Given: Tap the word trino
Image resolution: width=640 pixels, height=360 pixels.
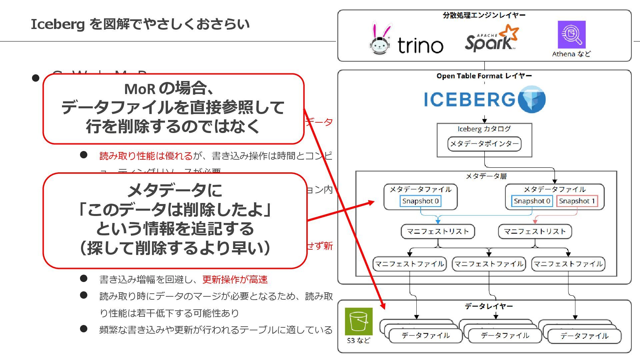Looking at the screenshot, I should (420, 46).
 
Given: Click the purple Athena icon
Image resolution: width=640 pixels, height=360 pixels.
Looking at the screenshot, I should (571, 34).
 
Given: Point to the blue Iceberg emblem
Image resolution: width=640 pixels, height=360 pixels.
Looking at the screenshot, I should (532, 99).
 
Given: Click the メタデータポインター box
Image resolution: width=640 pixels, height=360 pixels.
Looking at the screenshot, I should (484, 144).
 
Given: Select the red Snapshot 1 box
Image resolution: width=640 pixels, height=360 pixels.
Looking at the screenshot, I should (577, 201).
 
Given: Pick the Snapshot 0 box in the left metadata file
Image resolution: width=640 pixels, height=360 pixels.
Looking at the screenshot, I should (420, 201).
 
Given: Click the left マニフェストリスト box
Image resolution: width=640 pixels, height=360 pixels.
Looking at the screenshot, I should (438, 231).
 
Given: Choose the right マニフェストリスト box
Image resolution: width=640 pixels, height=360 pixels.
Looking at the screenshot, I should (535, 231).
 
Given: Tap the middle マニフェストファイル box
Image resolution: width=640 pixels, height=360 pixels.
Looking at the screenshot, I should (489, 264).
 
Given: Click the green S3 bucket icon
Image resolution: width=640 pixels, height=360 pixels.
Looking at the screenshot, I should (359, 321).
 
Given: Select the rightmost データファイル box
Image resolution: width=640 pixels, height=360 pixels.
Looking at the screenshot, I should (584, 336).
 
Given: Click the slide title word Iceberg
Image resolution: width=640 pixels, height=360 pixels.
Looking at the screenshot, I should (58, 24).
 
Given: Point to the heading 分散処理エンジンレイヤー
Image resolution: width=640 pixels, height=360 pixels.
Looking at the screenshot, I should (484, 15).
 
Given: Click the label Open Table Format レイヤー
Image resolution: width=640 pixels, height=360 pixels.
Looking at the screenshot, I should (484, 76).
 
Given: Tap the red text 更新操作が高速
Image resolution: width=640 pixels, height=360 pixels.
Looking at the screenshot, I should (235, 279).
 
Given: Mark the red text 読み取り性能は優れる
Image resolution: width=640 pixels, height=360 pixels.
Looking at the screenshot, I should (146, 156).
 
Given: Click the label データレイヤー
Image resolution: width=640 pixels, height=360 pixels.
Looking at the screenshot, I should (489, 306).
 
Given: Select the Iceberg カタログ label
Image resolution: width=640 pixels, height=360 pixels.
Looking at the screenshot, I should (484, 129).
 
